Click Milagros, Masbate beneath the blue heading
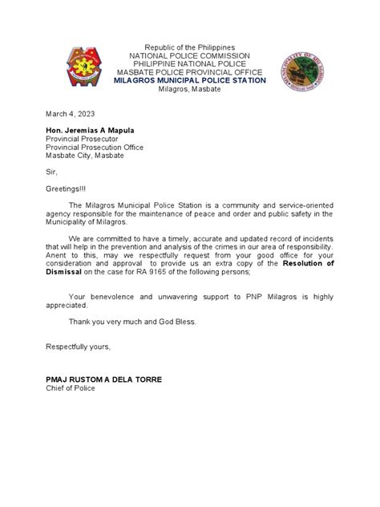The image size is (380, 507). click(189, 89)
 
